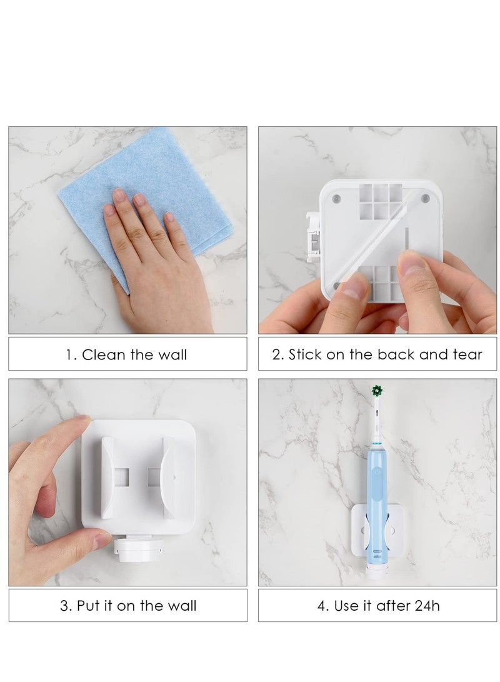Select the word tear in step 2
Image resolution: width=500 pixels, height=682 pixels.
pos(467,355)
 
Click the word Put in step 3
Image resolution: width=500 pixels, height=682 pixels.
pos(89,606)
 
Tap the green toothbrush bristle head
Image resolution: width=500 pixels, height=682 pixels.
pos(376,391)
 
